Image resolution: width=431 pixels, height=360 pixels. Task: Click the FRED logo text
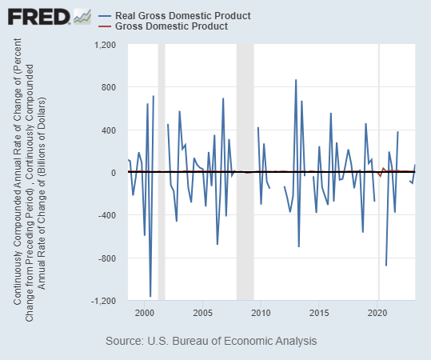[x=36, y=16]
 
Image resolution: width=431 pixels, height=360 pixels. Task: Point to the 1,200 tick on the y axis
[x=106, y=45]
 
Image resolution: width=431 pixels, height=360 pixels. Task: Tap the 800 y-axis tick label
[x=110, y=87]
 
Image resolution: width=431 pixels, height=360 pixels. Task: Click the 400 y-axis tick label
[x=110, y=130]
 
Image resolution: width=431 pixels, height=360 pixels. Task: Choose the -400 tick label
[x=108, y=215]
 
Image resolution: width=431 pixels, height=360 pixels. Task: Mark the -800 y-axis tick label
[x=108, y=258]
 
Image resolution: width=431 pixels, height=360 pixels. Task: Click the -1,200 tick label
[x=104, y=301]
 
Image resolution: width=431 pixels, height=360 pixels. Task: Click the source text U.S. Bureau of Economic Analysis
[x=211, y=341]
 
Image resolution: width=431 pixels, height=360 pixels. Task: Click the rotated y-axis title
[x=31, y=173]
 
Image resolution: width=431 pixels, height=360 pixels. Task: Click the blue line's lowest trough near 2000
[x=150, y=296]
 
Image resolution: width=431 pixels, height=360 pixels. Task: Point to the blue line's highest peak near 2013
[x=296, y=80]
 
